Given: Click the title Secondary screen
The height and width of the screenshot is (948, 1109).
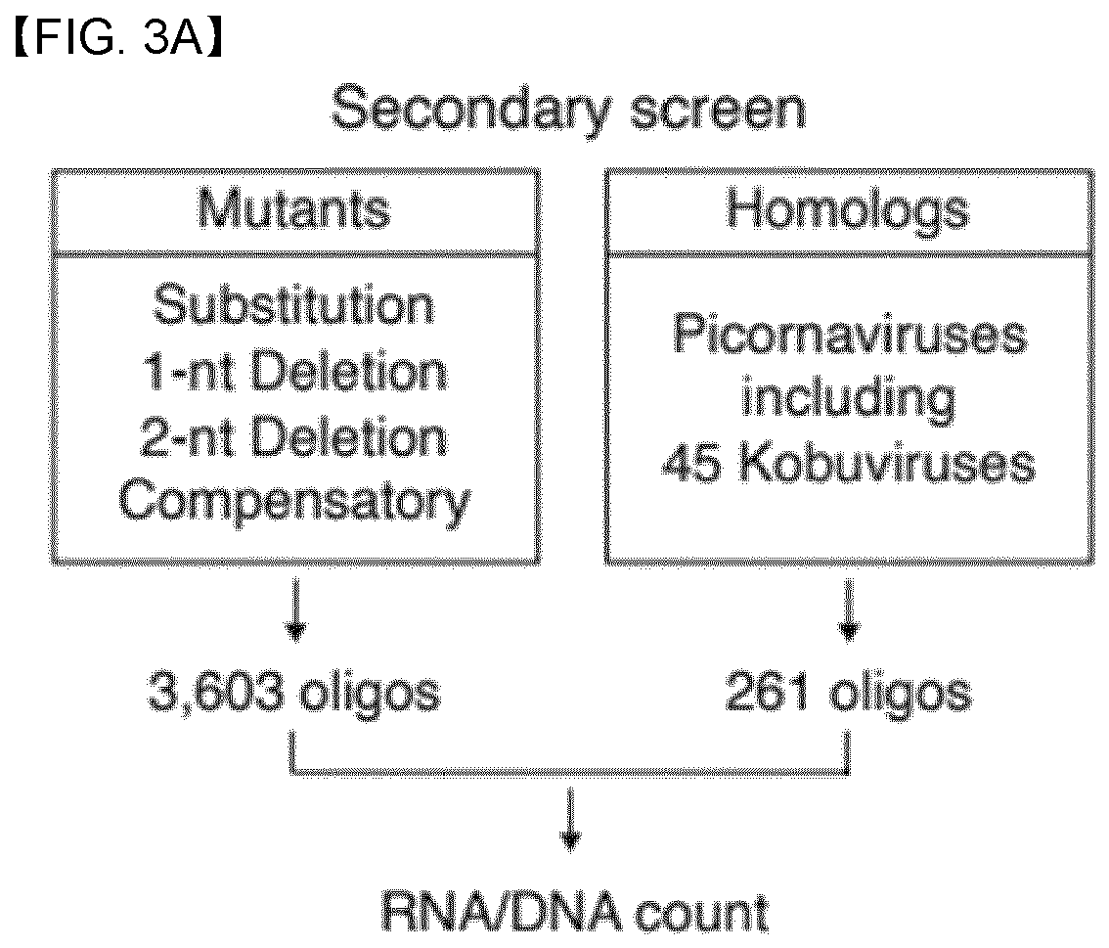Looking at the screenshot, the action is (568, 110).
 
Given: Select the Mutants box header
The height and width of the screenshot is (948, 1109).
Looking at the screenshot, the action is (295, 210).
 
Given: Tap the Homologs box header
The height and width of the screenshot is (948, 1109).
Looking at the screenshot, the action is (849, 210).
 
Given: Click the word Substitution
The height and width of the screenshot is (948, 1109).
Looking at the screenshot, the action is (294, 306).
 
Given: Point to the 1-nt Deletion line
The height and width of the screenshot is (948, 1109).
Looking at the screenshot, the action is (294, 372).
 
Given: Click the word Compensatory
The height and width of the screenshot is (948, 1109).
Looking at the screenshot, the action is (294, 503).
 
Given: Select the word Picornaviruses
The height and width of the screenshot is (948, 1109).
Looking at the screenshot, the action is (850, 334).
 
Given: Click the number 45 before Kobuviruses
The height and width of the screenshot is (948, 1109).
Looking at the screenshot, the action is (691, 465).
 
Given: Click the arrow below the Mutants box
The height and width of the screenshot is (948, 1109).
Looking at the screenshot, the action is (295, 609).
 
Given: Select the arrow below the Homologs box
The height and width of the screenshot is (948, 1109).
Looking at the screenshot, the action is (849, 609).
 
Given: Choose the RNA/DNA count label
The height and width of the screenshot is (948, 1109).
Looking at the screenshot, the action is (574, 914).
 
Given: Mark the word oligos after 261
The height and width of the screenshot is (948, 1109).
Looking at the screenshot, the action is (901, 695).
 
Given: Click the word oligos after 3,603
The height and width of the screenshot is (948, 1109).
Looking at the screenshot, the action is (370, 695).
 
